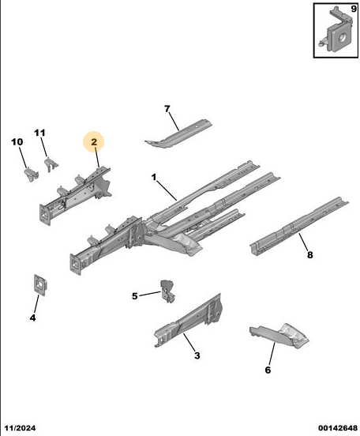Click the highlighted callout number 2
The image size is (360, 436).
[94, 142]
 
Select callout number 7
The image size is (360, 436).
[167, 109]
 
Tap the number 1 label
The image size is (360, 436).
[154, 177]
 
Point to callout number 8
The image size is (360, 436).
[309, 254]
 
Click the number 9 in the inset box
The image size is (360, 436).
[354, 9]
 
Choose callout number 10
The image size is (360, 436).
[17, 142]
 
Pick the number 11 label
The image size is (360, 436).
[39, 133]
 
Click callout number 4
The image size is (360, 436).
[33, 318]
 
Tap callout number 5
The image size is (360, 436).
[134, 296]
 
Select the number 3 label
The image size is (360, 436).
[197, 355]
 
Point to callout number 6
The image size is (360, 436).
[268, 370]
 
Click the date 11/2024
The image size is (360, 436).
[21, 427]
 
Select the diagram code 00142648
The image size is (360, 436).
[338, 427]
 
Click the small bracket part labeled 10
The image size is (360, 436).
[30, 174]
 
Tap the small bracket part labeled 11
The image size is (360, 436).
[51, 164]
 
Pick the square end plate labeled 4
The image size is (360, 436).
[40, 285]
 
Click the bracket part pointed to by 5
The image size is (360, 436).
[168, 291]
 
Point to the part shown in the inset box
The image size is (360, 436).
[337, 31]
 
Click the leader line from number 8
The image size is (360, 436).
[304, 242]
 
